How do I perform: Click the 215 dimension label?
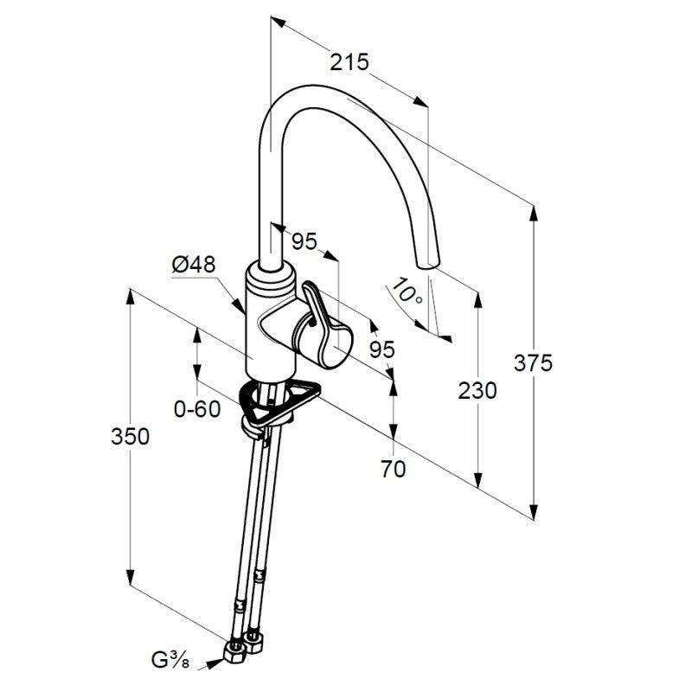(x=349, y=62)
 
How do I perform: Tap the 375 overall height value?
(x=533, y=363)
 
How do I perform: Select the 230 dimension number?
(x=477, y=391)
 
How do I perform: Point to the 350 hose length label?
(x=130, y=436)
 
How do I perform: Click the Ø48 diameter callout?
(x=194, y=264)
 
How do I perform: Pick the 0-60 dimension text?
(x=197, y=409)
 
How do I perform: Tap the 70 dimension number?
(x=394, y=469)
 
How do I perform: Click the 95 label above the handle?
(x=304, y=241)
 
